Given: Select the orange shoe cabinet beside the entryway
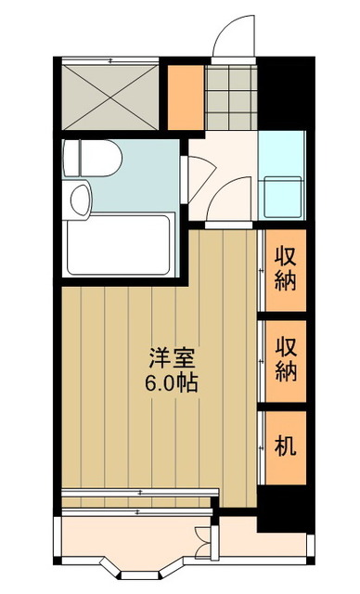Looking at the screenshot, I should (185, 97).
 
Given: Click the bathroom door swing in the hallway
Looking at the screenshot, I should (198, 171).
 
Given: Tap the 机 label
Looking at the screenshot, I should (286, 446).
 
